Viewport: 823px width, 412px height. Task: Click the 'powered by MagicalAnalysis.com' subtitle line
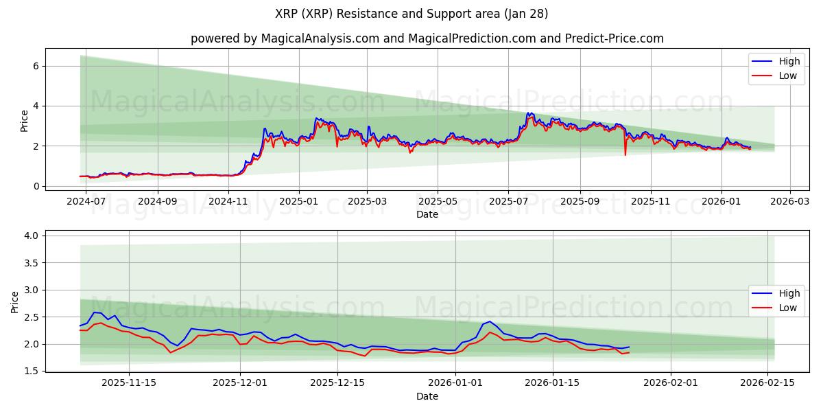point(427,38)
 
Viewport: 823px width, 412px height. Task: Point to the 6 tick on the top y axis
point(38,66)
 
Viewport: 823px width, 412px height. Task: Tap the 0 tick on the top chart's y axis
point(38,186)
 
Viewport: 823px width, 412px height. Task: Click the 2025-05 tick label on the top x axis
point(438,202)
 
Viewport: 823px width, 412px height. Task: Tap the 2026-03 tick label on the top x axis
point(790,202)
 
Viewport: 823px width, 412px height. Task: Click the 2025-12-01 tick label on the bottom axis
point(240,383)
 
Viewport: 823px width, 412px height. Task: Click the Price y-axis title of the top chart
point(24,121)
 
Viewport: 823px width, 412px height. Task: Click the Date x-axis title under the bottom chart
point(427,396)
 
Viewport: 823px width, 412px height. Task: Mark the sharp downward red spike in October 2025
point(625,154)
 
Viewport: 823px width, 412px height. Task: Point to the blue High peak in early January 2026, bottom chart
point(490,321)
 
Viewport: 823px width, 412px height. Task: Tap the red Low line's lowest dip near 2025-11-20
point(170,352)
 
